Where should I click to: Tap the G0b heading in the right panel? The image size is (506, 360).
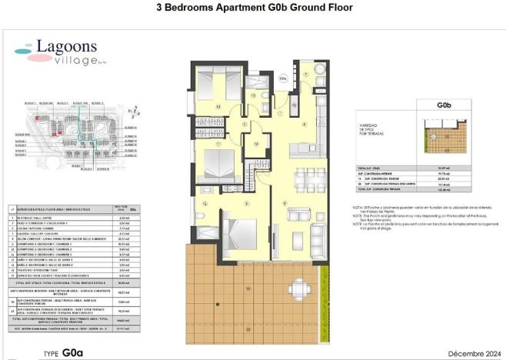pos(443,105)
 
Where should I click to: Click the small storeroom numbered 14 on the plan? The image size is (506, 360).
pos(256,143)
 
